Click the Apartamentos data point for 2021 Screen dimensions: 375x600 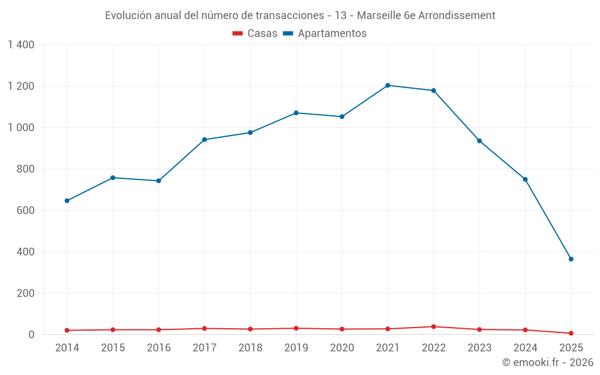[388, 85]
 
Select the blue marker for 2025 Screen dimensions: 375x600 [571, 259]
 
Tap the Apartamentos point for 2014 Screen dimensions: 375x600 [67, 200]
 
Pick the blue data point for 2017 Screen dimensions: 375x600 [204, 140]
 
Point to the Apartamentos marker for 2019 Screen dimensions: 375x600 [296, 113]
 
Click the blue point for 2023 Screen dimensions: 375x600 [479, 141]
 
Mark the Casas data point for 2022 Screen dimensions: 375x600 [433, 326]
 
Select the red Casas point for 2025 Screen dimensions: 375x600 [571, 333]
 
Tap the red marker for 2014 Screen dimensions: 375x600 [67, 330]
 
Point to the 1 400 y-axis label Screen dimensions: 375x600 [21, 44]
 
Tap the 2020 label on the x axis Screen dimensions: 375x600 [342, 348]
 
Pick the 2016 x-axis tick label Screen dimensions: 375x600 [158, 348]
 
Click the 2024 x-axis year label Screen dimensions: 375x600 [525, 348]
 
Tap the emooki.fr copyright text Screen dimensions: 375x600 [547, 362]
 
